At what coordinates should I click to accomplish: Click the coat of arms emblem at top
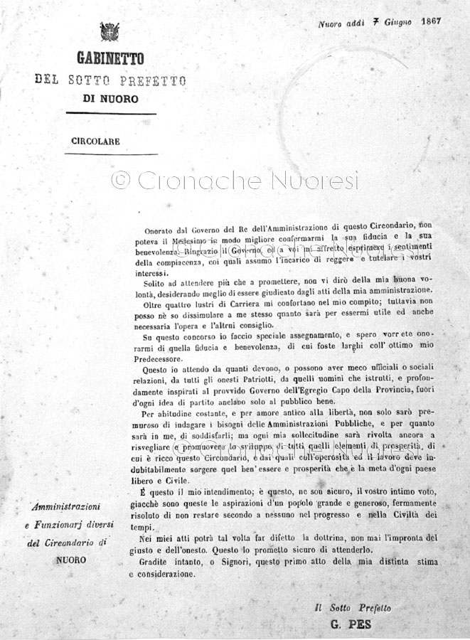click(110, 32)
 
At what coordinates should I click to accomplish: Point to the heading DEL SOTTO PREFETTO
click(110, 80)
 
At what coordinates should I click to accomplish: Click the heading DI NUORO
click(110, 99)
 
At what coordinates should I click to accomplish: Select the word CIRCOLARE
click(95, 141)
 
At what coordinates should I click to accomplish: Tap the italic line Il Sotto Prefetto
click(353, 608)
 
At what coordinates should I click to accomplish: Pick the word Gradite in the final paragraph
click(157, 562)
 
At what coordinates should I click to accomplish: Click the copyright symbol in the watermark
click(121, 181)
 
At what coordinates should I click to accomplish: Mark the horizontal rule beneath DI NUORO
click(110, 113)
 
